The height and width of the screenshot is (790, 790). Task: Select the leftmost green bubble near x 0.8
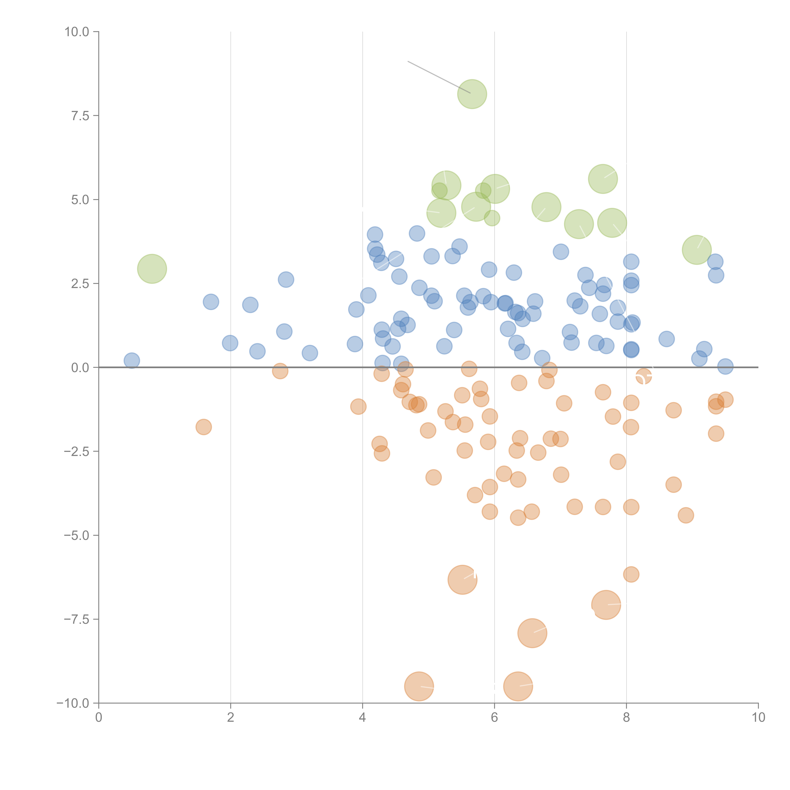coord(152,269)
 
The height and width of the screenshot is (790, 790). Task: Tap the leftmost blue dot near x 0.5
coord(132,361)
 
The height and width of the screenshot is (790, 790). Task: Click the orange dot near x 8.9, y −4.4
coord(686,515)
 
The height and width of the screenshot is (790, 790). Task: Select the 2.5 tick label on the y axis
coord(80,284)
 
